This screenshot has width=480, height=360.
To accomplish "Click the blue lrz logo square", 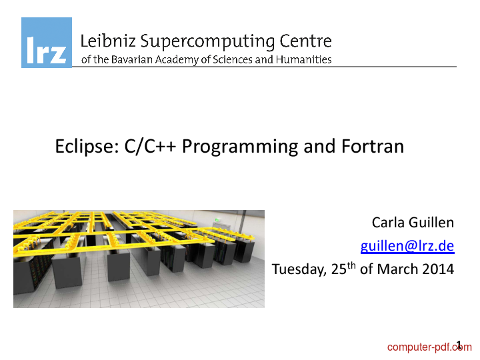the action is [47, 43].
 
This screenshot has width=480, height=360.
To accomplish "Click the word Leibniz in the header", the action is [108, 41].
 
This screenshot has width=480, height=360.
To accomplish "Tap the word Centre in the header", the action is [305, 41].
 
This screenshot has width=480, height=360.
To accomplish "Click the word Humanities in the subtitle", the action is [304, 59].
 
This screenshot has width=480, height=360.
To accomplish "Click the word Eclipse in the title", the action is [87, 146].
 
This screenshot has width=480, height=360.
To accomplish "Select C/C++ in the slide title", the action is [150, 146].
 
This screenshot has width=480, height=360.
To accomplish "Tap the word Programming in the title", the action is [240, 147].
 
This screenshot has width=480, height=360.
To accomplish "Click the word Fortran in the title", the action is [373, 146].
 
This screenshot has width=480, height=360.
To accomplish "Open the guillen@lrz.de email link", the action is [407, 246].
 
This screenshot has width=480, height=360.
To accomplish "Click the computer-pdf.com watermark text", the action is [429, 347].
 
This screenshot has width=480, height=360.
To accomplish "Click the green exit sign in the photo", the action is [217, 219].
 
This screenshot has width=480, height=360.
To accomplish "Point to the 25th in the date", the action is [343, 269].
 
